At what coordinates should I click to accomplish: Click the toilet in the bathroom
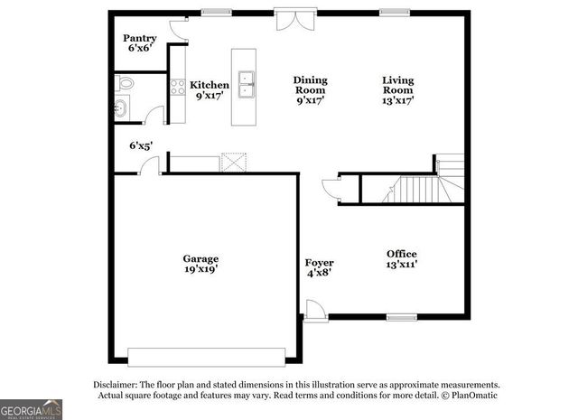tap(125, 84)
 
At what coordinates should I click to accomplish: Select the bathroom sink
tap(121, 109)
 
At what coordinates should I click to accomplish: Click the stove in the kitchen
tap(178, 89)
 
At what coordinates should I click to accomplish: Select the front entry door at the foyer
tap(313, 311)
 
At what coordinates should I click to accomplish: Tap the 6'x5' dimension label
tap(141, 145)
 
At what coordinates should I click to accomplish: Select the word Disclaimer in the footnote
tap(117, 383)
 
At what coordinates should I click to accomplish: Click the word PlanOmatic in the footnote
tap(471, 395)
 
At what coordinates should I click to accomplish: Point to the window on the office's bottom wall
tap(400, 316)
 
